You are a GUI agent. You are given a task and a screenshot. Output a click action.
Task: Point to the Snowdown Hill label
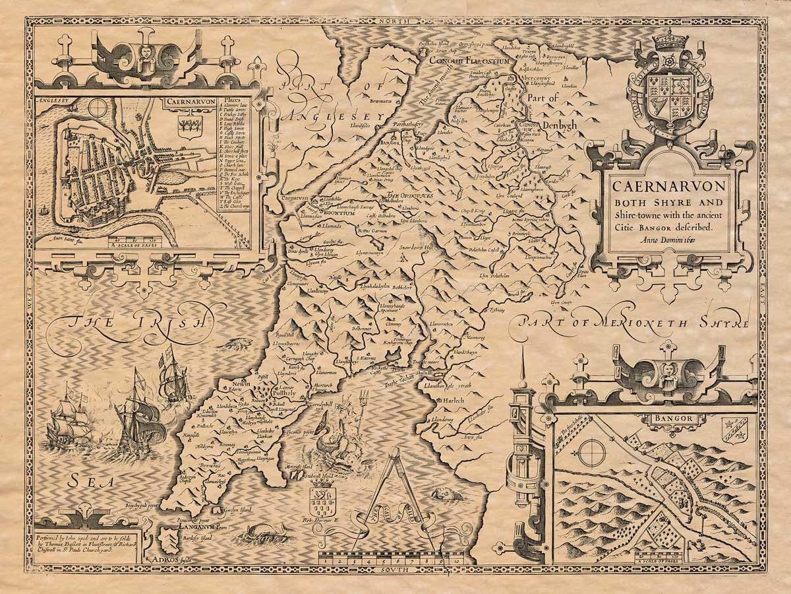[x=417, y=246]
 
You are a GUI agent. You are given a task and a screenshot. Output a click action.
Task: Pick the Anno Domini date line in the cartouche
[x=668, y=240]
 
